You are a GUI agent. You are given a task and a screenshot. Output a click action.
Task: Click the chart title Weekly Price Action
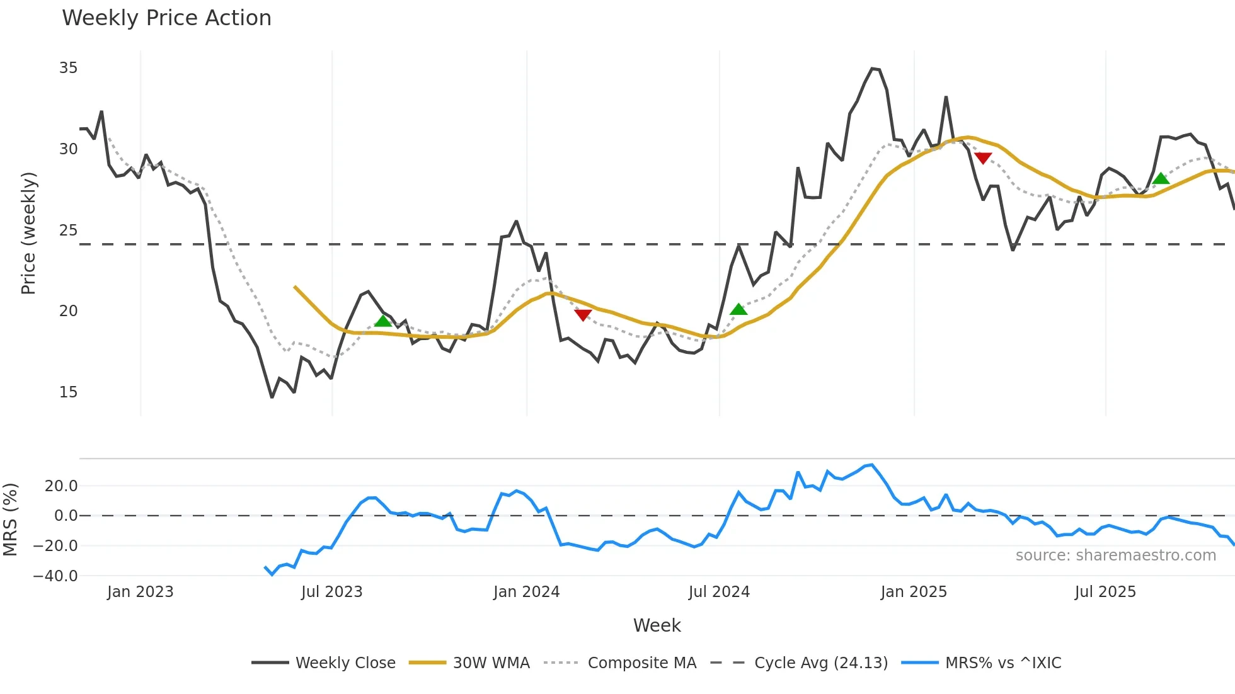pyautogui.click(x=166, y=18)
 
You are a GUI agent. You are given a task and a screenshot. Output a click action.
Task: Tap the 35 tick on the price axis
pyautogui.click(x=68, y=68)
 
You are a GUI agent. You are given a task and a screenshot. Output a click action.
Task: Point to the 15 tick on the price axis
pyautogui.click(x=68, y=392)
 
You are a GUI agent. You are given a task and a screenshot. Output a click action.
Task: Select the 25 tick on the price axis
pyautogui.click(x=68, y=230)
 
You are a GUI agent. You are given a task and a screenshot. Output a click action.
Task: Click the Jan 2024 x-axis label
pyautogui.click(x=526, y=592)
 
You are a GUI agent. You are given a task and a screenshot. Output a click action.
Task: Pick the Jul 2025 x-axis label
pyautogui.click(x=1105, y=592)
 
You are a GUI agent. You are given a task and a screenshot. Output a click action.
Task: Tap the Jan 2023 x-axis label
pyautogui.click(x=140, y=592)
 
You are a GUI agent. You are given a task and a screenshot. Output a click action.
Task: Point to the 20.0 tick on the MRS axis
pyautogui.click(x=61, y=486)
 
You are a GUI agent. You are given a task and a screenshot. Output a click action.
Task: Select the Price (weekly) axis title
pyautogui.click(x=29, y=233)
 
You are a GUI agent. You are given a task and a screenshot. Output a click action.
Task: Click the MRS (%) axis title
pyautogui.click(x=10, y=520)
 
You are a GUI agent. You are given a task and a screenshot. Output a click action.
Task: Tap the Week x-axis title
pyautogui.click(x=657, y=625)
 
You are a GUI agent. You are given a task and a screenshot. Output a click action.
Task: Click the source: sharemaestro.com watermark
pyautogui.click(x=1115, y=555)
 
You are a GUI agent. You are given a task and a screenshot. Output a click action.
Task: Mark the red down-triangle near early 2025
pyautogui.click(x=983, y=158)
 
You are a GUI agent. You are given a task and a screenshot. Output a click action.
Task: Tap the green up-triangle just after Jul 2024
pyautogui.click(x=738, y=309)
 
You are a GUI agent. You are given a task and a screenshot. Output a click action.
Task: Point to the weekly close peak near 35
pyautogui.click(x=873, y=69)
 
